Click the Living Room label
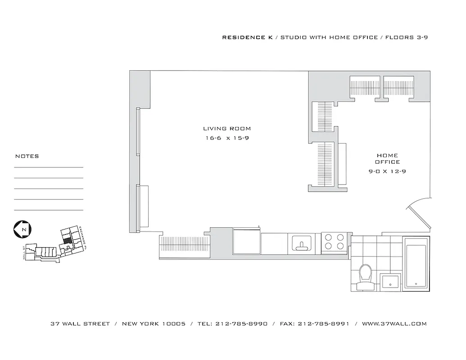[x=227, y=129]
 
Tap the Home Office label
[x=388, y=158]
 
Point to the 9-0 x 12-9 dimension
[x=388, y=171]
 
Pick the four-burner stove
[x=334, y=241]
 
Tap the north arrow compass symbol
[x=23, y=229]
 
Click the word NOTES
[x=27, y=156]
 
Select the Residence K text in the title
[x=244, y=37]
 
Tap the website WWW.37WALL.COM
[x=394, y=324]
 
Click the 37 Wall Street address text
[x=80, y=324]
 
